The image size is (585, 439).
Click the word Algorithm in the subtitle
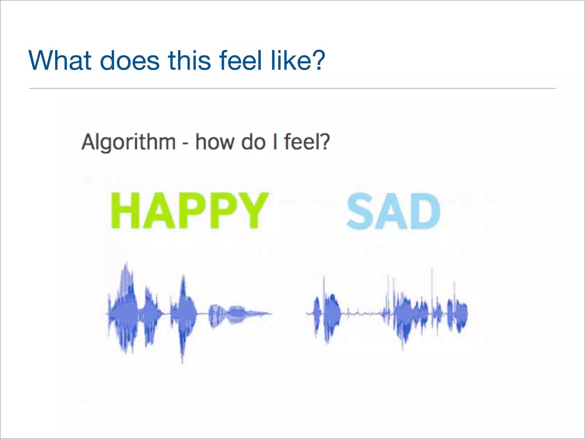(x=129, y=142)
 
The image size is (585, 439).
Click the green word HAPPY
(x=190, y=211)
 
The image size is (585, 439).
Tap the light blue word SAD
(x=393, y=211)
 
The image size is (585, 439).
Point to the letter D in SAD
(x=425, y=211)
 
